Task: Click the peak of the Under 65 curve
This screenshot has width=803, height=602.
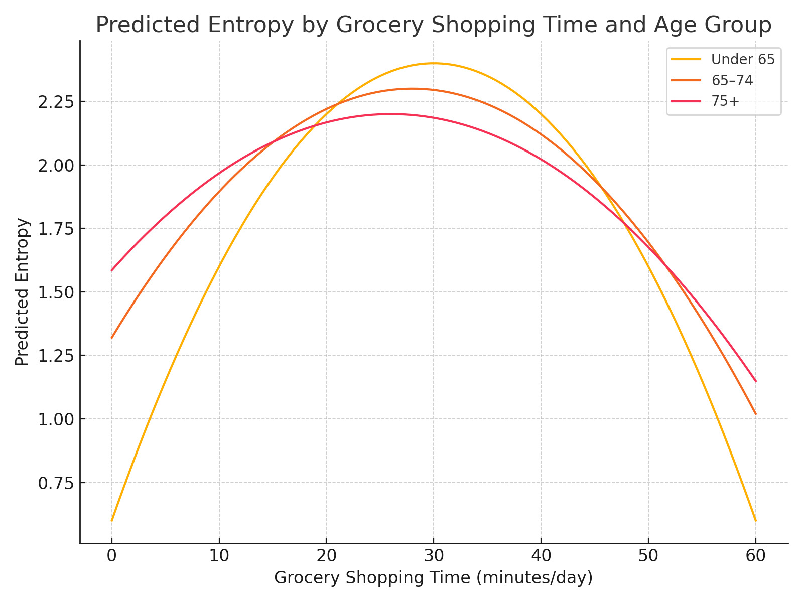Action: [x=434, y=63]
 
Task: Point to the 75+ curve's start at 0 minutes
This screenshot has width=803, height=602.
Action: [x=111, y=271]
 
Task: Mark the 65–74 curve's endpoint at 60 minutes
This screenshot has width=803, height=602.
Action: [x=756, y=414]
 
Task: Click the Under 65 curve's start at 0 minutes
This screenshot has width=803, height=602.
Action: [x=111, y=521]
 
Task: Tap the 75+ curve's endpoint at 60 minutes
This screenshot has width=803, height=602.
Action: [x=756, y=381]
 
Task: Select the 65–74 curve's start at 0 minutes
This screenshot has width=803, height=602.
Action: [x=111, y=338]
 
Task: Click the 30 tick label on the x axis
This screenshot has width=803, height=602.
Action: [x=434, y=556]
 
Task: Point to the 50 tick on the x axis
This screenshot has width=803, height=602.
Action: [x=648, y=556]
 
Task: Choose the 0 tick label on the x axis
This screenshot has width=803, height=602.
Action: [x=111, y=556]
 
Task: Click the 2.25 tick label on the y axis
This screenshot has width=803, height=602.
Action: [x=55, y=102]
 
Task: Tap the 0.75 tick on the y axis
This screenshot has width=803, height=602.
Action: [x=55, y=483]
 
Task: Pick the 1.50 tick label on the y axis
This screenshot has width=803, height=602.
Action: [x=55, y=292]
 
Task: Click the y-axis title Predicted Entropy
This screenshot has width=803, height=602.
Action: [x=22, y=292]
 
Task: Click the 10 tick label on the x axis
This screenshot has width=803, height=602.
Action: [x=219, y=556]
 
